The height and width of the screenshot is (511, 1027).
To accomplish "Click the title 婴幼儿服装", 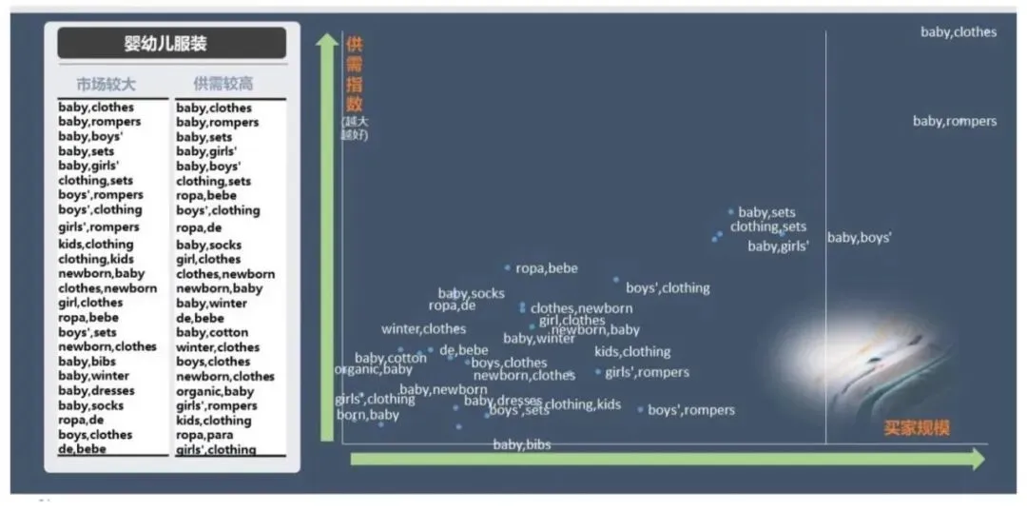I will (172, 44).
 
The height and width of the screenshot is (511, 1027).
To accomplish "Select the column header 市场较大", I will (106, 84).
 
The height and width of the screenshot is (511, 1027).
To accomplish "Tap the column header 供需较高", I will (223, 84).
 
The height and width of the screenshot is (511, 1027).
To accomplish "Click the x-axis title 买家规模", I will (918, 427).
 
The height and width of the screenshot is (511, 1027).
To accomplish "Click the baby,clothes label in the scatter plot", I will (958, 32).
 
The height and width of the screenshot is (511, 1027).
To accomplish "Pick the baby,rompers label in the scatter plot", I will (955, 121).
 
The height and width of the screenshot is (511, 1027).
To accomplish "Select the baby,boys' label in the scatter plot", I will (859, 238).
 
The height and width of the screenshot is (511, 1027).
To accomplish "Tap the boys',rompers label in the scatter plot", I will (691, 410).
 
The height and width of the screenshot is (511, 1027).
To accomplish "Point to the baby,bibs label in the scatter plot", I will (521, 444).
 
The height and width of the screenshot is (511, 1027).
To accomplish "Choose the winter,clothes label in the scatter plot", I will (423, 329).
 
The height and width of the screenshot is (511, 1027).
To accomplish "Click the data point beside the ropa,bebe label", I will (508, 267).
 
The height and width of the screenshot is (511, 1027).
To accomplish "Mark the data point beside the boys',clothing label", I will (616, 280).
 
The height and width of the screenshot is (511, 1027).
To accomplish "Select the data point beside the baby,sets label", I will (731, 211).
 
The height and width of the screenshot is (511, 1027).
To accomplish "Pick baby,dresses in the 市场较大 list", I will (96, 390).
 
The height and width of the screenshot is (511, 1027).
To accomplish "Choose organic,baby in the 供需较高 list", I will (215, 391).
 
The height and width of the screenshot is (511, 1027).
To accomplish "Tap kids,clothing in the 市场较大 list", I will (96, 245).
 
